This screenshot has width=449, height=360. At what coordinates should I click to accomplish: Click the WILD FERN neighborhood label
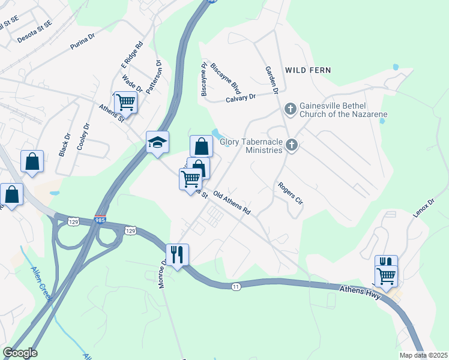pos(308,70)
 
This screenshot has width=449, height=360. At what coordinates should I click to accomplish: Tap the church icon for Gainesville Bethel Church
pos(290,109)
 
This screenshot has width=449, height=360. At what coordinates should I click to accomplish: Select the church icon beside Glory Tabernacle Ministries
pos(292,145)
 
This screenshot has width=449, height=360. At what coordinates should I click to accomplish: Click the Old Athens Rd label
pos(231,204)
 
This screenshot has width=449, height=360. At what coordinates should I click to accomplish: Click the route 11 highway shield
pos(237,287)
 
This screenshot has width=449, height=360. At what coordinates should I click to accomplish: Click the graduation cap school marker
pos(157,142)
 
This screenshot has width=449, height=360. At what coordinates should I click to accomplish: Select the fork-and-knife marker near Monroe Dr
pos(177,254)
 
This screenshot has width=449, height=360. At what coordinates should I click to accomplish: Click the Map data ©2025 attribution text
pos(423,355)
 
